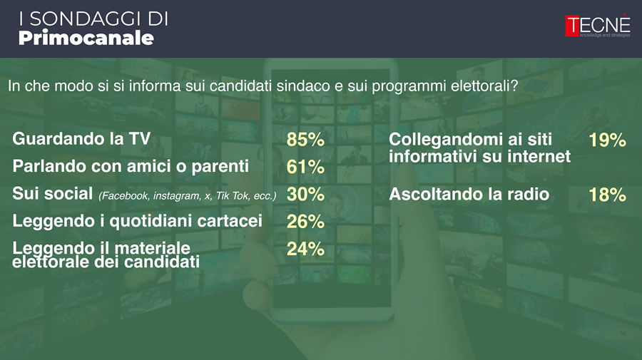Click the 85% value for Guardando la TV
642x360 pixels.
(305, 140)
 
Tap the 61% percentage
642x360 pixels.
(305, 167)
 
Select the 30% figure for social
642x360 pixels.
(305, 195)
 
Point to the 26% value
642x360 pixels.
(305, 222)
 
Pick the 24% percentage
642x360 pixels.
(305, 249)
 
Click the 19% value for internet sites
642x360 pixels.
(607, 140)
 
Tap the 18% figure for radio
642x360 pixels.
(607, 195)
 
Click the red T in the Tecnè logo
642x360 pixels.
(572, 26)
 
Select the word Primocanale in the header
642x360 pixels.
(86, 38)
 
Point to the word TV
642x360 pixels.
(140, 139)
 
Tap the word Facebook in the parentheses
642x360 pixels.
(124, 196)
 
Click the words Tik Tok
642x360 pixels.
(233, 196)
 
